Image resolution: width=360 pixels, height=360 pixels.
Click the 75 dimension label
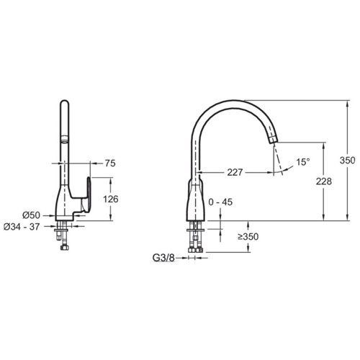(x=110, y=163)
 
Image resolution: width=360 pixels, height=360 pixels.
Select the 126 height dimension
(x=111, y=199)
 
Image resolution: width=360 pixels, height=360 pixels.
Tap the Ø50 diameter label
(x=32, y=215)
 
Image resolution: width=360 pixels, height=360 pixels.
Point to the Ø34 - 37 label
(x=22, y=227)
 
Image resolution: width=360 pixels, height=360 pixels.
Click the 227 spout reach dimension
(x=235, y=172)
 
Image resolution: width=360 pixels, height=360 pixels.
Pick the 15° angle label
(x=303, y=162)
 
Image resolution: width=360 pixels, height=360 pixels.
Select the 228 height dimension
(x=324, y=181)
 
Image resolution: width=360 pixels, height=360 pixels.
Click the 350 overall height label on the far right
(x=347, y=160)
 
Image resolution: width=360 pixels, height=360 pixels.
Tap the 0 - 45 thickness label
(x=220, y=202)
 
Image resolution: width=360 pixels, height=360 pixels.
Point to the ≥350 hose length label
(x=248, y=237)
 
